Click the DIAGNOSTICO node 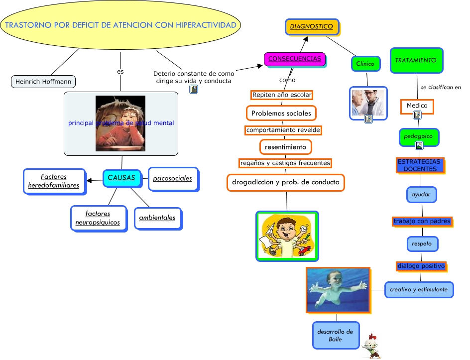(x=312, y=26)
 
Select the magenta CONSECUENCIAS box (x=295, y=59)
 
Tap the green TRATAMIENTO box (x=416, y=60)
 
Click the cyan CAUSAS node (x=121, y=178)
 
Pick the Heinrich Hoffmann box (x=43, y=81)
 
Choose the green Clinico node (x=365, y=64)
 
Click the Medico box (x=417, y=106)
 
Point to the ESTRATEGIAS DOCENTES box (x=419, y=165)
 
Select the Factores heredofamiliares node (x=54, y=181)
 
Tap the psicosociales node (x=173, y=178)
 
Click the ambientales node (x=157, y=218)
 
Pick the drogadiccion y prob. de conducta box (x=286, y=182)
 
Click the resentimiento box (x=286, y=147)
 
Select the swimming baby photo (x=338, y=290)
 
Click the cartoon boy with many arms (x=287, y=236)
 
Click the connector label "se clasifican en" (x=441, y=87)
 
